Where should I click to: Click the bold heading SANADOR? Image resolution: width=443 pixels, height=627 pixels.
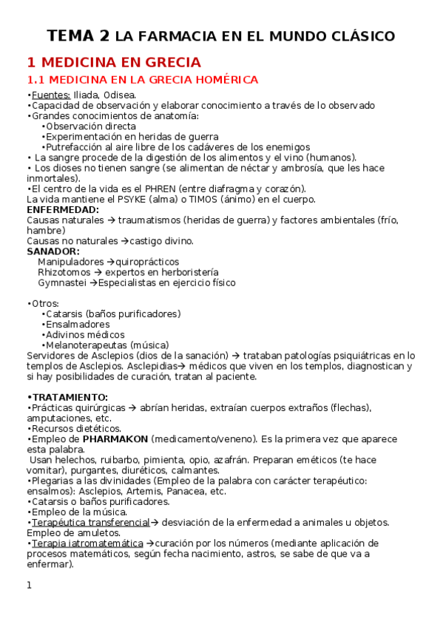point(53,251)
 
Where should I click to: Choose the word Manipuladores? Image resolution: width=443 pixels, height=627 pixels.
point(71,262)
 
